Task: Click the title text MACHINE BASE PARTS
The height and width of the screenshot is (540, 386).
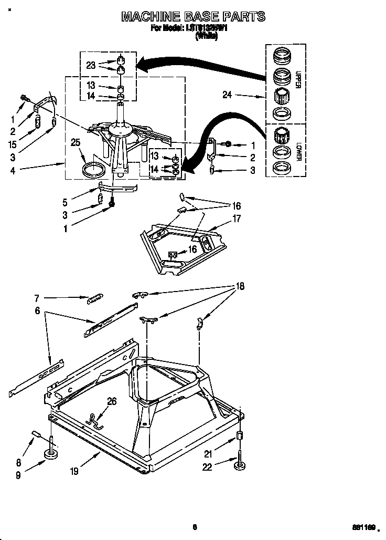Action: coord(193,17)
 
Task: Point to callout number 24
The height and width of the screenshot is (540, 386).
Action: coord(227,95)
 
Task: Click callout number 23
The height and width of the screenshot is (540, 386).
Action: coord(91,66)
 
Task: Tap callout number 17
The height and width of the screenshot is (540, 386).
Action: coord(237,219)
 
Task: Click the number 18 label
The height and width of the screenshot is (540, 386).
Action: coord(239,286)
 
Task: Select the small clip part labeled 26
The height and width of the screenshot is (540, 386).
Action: coord(94,420)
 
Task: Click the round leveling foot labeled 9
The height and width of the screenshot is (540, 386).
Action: coord(51,455)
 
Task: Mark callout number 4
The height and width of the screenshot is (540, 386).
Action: coord(12,169)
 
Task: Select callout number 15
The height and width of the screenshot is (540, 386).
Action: coord(13,144)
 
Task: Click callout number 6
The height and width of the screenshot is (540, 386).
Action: coord(37,310)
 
